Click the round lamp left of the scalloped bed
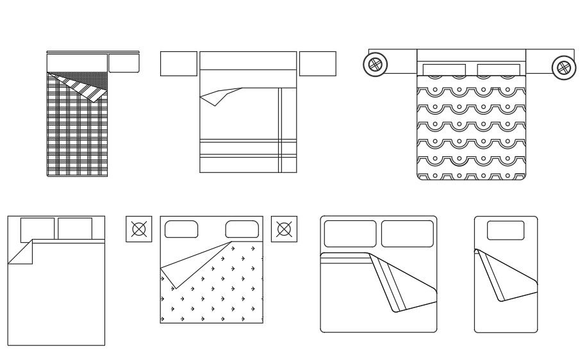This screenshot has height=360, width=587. coord(375,65)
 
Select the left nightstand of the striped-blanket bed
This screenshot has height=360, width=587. coord(178,64)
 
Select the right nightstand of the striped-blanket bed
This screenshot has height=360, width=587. coord(317,64)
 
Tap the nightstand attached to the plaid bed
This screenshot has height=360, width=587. coord(124,63)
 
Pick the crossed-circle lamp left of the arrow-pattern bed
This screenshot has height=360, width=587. coord(138,229)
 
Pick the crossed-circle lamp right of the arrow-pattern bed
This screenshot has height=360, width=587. coord(284,229)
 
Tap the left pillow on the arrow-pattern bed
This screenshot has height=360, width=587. coord(181,229)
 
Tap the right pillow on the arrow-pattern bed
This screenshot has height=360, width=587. coord(241,229)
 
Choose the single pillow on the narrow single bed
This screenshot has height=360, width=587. coord(506,230)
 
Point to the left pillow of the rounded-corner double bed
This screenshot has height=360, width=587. coord(349,234)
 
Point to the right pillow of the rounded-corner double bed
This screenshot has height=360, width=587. coord(408,234)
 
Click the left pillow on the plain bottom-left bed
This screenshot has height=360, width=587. coord(37,229)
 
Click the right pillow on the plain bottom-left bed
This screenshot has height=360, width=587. coord(75,228)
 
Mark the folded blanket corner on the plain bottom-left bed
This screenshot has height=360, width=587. coord(22,254)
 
